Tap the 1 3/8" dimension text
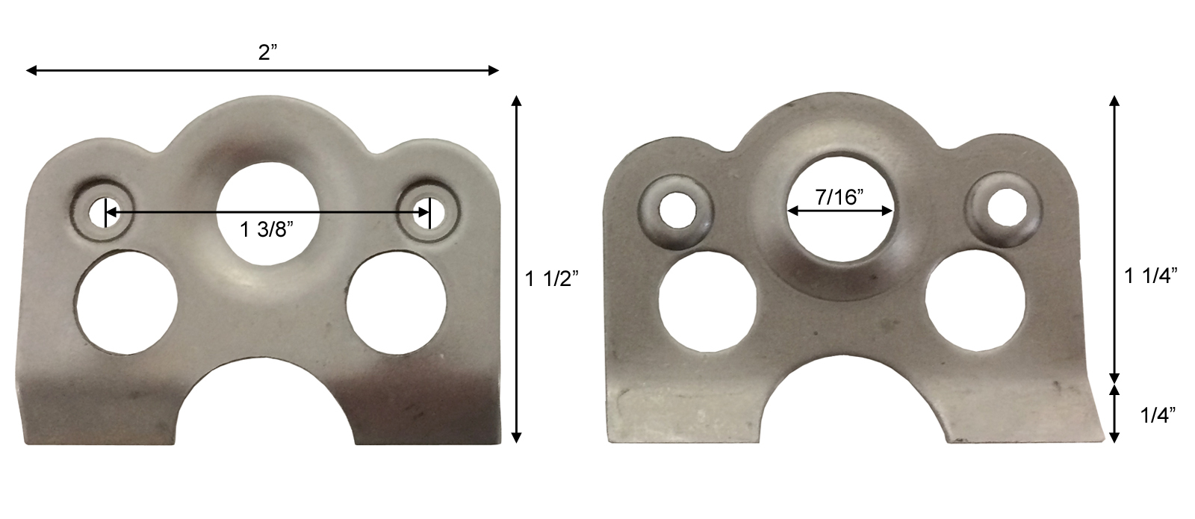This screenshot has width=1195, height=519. pos(267,231)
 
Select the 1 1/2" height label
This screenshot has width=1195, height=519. pos(552,280)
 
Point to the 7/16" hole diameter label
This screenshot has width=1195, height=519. pos(840,198)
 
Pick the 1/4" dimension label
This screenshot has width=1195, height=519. pos(1158,415)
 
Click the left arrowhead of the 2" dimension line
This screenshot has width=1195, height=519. pos(31,71)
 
